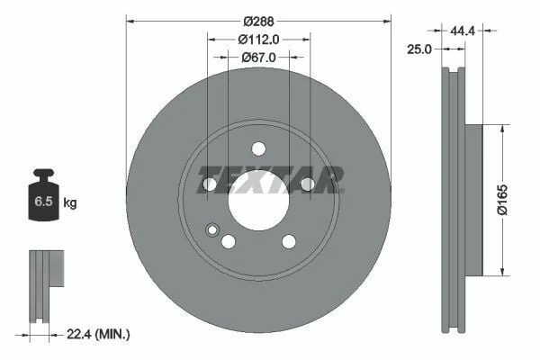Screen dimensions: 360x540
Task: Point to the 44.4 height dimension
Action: click(x=463, y=30)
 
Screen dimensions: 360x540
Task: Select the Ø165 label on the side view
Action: click(x=505, y=198)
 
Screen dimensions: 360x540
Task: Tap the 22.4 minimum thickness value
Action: click(x=81, y=335)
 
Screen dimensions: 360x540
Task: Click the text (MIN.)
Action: click(x=114, y=335)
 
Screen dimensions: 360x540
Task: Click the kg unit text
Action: click(x=70, y=203)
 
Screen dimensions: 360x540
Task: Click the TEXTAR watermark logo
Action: click(x=270, y=178)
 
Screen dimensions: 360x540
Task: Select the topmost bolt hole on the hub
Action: click(x=258, y=148)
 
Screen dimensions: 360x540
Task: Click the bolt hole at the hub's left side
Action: click(x=210, y=184)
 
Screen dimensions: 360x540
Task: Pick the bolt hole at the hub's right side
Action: click(x=307, y=184)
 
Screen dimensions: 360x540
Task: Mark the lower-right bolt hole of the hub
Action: click(x=289, y=241)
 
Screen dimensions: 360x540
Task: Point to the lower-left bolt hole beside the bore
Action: click(x=229, y=241)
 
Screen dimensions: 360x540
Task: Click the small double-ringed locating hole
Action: click(x=212, y=229)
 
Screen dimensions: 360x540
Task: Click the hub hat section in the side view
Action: click(x=473, y=198)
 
